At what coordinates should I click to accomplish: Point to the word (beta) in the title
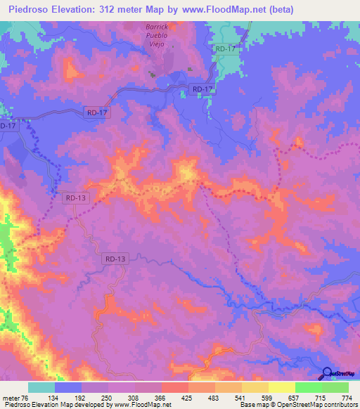click(280, 10)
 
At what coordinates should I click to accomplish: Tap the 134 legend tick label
click(53, 398)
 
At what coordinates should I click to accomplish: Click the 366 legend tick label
click(160, 398)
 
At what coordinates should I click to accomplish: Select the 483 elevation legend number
click(214, 398)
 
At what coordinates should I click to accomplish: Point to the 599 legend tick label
click(267, 398)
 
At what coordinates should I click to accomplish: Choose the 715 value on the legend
click(321, 398)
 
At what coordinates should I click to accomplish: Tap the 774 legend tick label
click(347, 398)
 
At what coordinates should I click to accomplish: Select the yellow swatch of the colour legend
click(282, 387)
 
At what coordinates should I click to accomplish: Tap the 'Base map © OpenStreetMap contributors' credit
click(298, 405)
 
